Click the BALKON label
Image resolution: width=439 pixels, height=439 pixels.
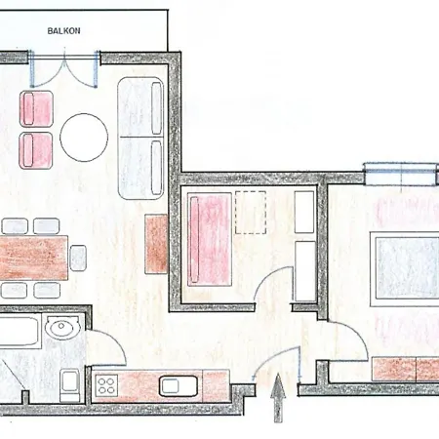click(x=63, y=31)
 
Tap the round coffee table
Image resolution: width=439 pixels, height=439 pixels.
click(x=84, y=138)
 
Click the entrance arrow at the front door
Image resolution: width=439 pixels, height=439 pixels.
click(x=278, y=398)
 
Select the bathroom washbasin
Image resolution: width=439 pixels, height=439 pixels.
click(x=62, y=327)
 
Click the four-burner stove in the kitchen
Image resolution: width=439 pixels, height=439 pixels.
click(x=106, y=385)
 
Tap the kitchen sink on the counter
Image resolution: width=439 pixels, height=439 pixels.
click(x=179, y=386)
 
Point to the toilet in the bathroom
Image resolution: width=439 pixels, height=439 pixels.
click(x=70, y=385)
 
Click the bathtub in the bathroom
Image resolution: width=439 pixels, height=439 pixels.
click(x=20, y=332)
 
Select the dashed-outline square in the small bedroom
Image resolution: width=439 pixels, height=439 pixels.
click(x=251, y=213)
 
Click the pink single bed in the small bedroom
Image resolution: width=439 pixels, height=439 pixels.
click(x=210, y=239)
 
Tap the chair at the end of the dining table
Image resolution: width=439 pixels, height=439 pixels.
click(x=78, y=258)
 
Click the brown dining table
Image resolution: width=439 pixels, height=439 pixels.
click(x=33, y=258)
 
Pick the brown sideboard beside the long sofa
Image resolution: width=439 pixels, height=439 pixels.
click(x=156, y=244)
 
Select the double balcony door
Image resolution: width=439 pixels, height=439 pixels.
click(x=64, y=69)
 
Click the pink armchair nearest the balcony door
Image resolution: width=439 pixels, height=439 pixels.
click(x=36, y=108)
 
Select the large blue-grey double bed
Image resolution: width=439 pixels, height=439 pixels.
click(x=405, y=268)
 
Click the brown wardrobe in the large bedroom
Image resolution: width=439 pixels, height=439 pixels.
click(x=406, y=369)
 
